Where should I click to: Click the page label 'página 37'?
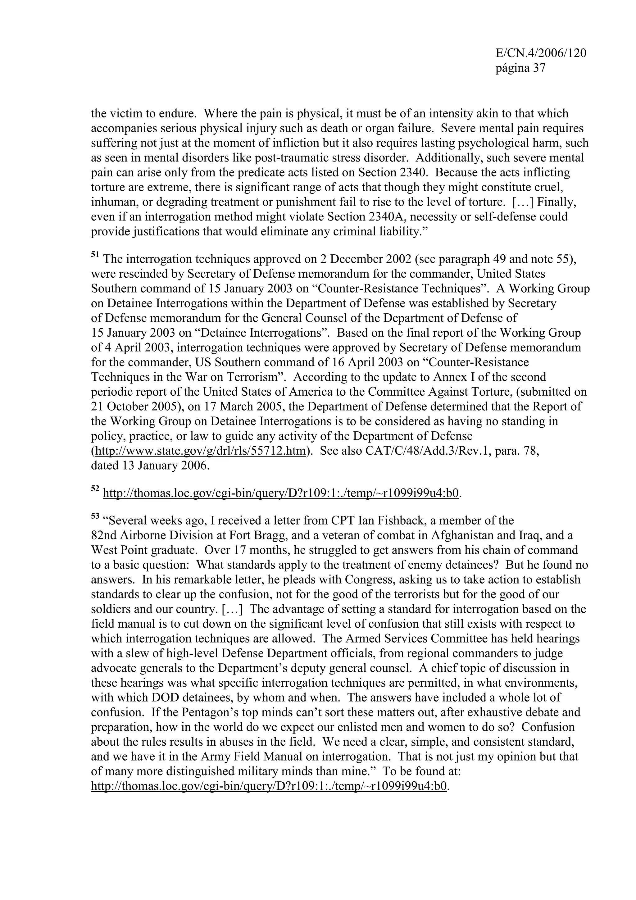pos(520,68)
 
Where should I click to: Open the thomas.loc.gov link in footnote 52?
pos(280,493)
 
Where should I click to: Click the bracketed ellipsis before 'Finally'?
pos(524,202)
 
